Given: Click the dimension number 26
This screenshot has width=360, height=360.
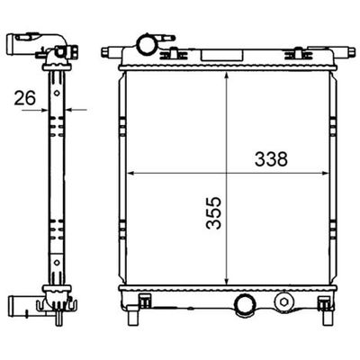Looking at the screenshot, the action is (x=25, y=98).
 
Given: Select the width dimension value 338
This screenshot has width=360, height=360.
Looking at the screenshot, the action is (x=271, y=159).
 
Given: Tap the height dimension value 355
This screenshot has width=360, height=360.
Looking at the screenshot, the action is (x=213, y=213).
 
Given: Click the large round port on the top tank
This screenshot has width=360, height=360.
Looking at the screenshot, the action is (x=147, y=44).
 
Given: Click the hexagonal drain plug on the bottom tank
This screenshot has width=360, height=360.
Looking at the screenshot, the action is (x=283, y=301).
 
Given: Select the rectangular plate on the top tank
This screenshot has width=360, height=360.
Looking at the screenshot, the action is (x=222, y=55).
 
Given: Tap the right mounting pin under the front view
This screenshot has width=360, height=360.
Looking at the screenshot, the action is (x=327, y=318).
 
